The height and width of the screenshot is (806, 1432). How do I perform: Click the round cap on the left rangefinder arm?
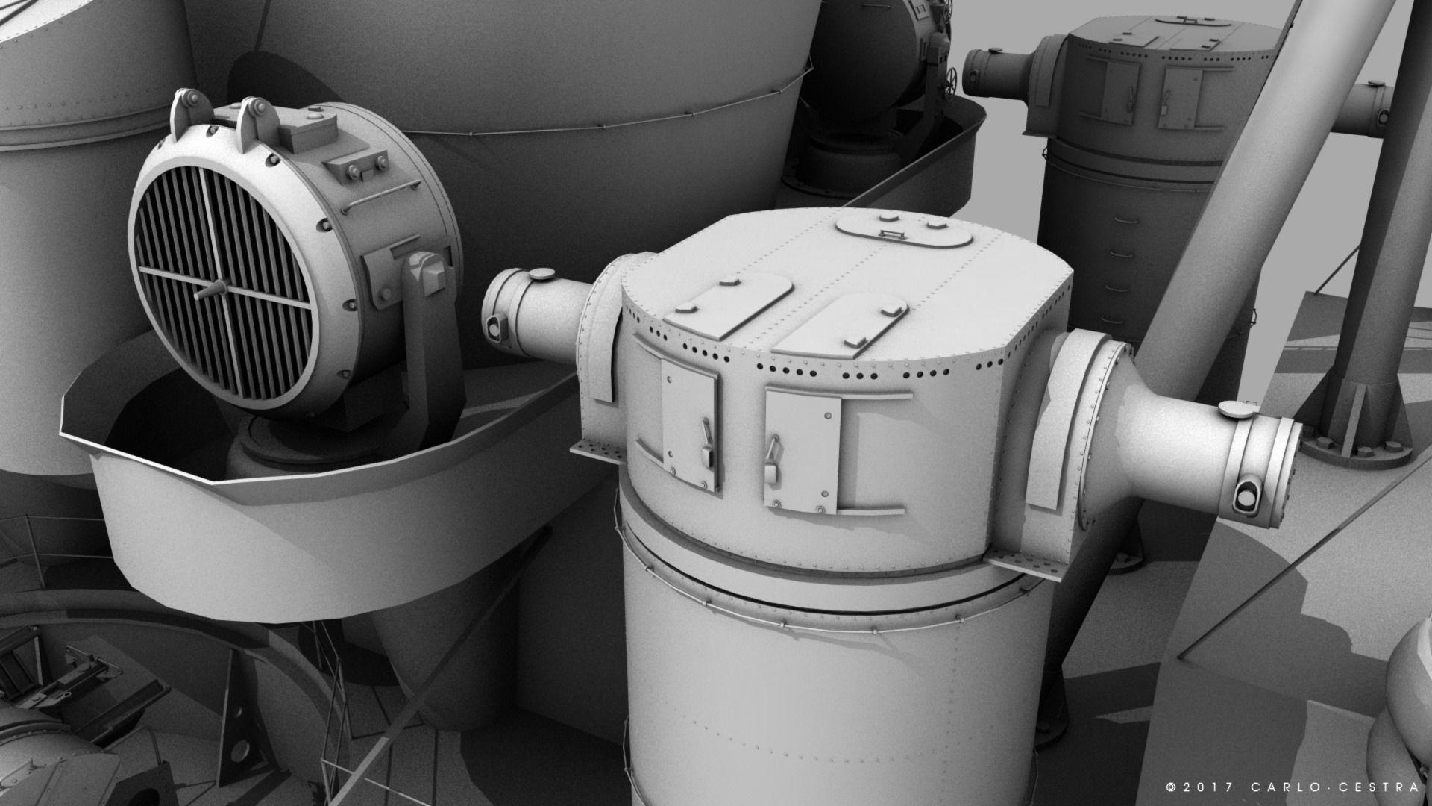pos(541,275)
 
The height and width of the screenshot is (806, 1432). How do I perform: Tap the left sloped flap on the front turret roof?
pos(727,306)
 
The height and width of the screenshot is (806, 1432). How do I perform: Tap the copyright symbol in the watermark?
pos(1171,787)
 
